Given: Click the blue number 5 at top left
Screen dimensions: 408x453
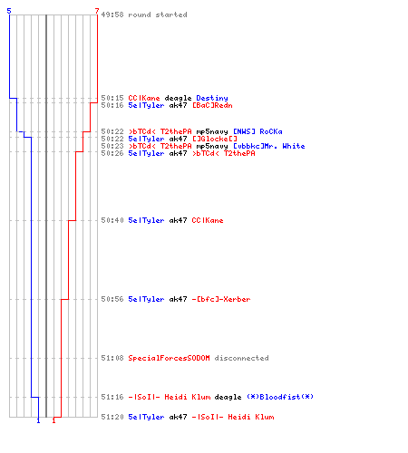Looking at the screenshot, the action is coord(9,11).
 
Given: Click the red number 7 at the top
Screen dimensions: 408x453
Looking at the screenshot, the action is coord(97,11).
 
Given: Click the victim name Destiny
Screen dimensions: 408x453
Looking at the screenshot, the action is coord(212,98).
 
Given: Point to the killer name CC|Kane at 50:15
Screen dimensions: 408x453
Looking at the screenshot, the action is coord(144,98).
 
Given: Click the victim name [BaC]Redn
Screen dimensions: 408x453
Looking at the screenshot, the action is coord(212,105).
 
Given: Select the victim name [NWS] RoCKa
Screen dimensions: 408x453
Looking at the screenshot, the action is coord(257,131).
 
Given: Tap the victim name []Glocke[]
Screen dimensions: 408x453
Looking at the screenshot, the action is coord(215,139).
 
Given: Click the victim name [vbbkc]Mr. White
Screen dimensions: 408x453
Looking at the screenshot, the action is coord(269,146).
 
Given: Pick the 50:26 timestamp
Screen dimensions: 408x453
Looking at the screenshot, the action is coord(112,153).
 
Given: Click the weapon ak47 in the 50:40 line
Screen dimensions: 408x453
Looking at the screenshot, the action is coord(178,220).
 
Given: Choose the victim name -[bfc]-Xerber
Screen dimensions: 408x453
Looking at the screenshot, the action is coord(221,299).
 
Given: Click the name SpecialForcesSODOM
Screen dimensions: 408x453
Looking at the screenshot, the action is coord(169,358).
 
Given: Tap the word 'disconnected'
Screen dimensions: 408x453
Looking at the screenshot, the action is coord(241,358).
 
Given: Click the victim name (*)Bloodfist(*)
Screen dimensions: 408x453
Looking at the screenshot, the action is coord(280,397).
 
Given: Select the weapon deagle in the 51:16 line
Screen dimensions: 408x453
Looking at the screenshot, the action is coord(228,397).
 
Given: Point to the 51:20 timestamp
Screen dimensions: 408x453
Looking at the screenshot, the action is coord(112,417).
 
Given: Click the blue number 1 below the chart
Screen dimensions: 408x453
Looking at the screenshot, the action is coord(38,420).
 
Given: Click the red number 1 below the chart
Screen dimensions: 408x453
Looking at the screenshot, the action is coord(53,420).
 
